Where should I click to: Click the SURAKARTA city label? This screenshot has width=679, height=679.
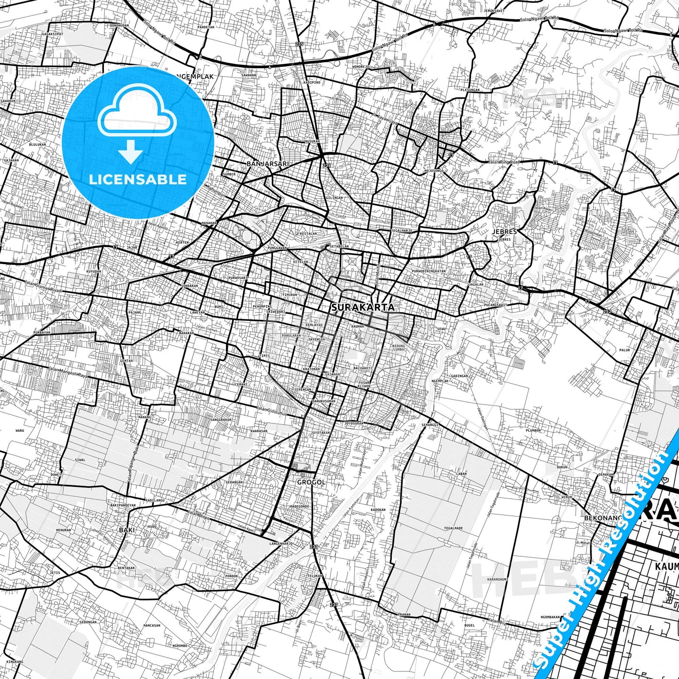pyautogui.click(x=363, y=307)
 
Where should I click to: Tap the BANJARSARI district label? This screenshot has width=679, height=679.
pyautogui.click(x=267, y=164)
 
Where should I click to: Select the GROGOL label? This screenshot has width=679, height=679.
pyautogui.click(x=311, y=482)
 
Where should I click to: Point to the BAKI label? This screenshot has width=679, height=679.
pyautogui.click(x=126, y=530)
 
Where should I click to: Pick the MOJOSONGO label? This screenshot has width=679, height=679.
pyautogui.click(x=434, y=171)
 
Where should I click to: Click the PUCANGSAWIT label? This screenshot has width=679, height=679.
pyautogui.click(x=495, y=305)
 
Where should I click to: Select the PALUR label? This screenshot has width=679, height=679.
pyautogui.click(x=624, y=350)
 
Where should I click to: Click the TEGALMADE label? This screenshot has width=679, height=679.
pyautogui.click(x=453, y=528)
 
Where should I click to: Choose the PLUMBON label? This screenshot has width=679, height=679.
pyautogui.click(x=533, y=430)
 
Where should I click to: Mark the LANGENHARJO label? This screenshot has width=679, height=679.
pyautogui.click(x=281, y=544)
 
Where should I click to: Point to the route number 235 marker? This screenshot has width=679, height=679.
pyautogui.click(x=300, y=44)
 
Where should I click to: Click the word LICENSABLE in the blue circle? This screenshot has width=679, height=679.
pyautogui.click(x=138, y=179)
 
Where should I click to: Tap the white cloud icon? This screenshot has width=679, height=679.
pyautogui.click(x=137, y=111)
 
